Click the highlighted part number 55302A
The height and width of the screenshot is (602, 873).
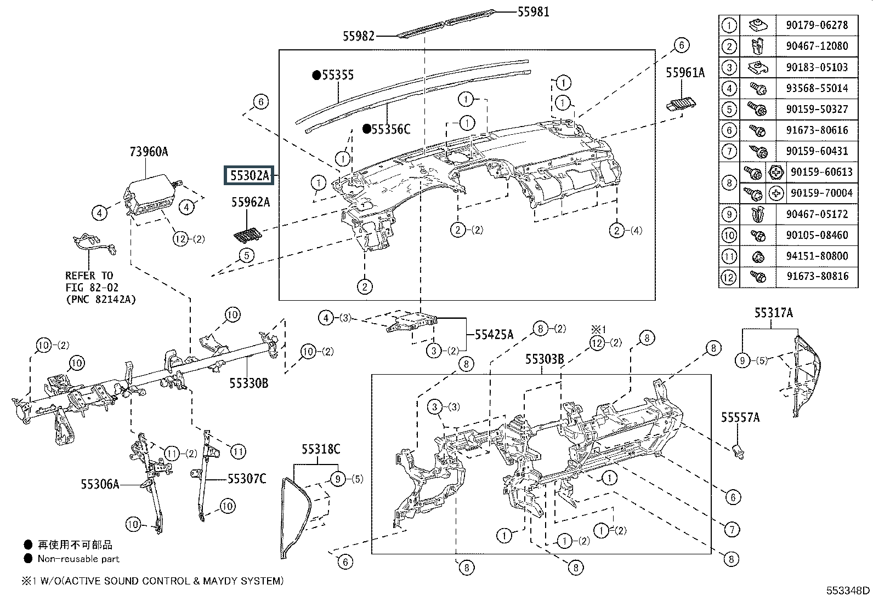[250, 176]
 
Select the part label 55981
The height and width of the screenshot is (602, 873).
[533, 12]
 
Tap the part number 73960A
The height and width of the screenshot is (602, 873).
[149, 152]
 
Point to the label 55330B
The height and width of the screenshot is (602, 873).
[248, 383]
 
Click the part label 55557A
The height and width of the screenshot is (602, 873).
[740, 417]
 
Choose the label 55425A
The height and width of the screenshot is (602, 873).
[494, 335]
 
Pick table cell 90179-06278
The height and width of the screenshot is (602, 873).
[817, 25]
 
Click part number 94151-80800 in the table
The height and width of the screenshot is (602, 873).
[817, 256]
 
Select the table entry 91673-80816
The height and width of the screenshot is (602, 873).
[817, 276]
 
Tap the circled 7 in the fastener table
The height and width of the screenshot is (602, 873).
[729, 151]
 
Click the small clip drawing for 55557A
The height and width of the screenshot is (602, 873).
[739, 451]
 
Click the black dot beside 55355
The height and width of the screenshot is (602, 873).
[316, 74]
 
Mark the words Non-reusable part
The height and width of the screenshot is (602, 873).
[78, 559]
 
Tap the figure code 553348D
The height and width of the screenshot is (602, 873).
[848, 590]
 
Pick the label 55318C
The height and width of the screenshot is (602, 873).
[321, 449]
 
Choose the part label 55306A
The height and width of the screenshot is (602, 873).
[100, 484]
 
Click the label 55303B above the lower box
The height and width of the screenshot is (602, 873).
[545, 359]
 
